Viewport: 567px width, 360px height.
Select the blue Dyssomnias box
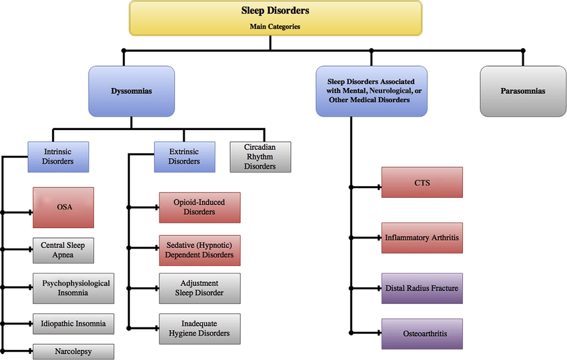pos(131,91)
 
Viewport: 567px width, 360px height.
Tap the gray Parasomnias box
pos(522,91)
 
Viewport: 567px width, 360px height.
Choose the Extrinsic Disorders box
pos(184,156)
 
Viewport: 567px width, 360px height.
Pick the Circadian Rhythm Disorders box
pos(260,156)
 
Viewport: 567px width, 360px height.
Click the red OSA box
pos(63,207)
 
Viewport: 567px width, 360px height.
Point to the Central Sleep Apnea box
pos(63,250)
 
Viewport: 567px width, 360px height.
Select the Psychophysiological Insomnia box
pos(72,288)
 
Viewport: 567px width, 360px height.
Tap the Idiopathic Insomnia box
pos(72,325)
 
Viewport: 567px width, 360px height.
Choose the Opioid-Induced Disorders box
pos(199,207)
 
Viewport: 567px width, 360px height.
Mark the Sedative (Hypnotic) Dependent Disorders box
pos(199,250)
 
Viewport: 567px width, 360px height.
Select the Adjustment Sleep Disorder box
pos(199,288)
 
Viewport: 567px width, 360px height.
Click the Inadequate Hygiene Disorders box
pos(199,328)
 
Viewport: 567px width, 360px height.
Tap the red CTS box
pos(422,182)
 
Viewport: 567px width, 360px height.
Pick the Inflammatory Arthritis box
pos(422,237)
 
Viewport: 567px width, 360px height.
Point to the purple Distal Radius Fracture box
pos(422,289)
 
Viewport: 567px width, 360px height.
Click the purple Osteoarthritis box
pos(422,333)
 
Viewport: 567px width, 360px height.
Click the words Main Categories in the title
pos(275,27)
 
